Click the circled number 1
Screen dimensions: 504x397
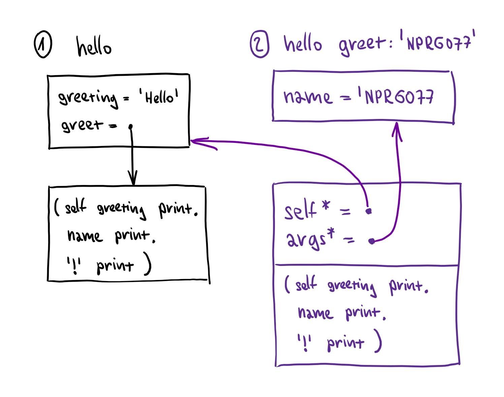point(43,44)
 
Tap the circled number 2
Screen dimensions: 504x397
point(259,44)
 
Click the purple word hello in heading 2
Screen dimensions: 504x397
point(303,43)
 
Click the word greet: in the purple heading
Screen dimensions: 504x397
point(365,44)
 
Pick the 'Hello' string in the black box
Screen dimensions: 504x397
point(159,96)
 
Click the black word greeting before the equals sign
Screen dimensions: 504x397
point(88,99)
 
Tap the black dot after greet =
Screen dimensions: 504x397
point(130,127)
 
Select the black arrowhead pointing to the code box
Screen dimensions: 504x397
point(132,178)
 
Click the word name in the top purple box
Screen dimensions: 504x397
point(308,97)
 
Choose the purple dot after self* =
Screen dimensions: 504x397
point(369,211)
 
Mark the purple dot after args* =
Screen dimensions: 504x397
point(372,241)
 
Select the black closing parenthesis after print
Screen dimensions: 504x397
point(147,264)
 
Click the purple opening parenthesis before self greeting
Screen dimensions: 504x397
point(287,284)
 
